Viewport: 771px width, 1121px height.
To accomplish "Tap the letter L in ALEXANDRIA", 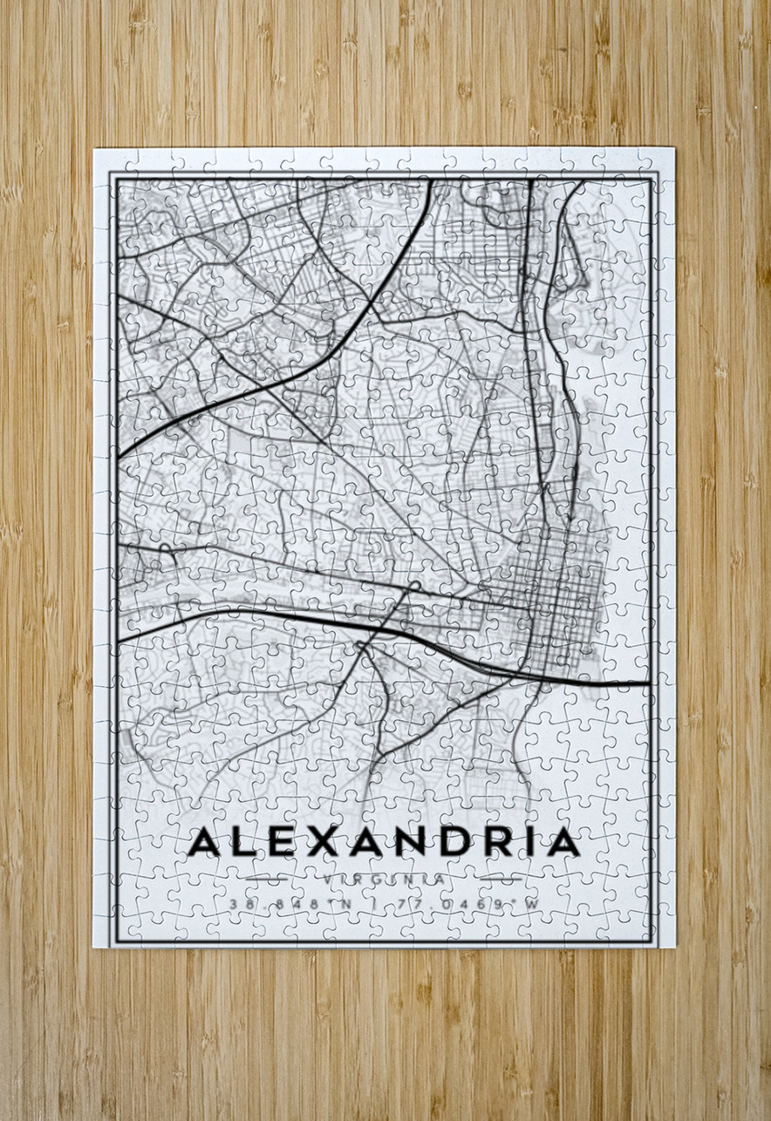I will [x=247, y=842].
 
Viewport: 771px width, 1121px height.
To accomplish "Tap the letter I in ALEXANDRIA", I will [x=525, y=842].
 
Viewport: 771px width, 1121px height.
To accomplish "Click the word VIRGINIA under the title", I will [x=385, y=880].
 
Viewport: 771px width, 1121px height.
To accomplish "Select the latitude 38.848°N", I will [x=290, y=905].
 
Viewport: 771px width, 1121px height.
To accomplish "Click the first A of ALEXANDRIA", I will [x=206, y=842].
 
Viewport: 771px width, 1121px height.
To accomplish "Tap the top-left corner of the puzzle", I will [x=95, y=149].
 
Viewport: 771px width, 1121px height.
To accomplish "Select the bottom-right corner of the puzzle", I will [x=674, y=947].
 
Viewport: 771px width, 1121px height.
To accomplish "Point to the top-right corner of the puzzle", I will [x=674, y=149].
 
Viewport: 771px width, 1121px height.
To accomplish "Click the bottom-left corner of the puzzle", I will [x=95, y=947].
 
